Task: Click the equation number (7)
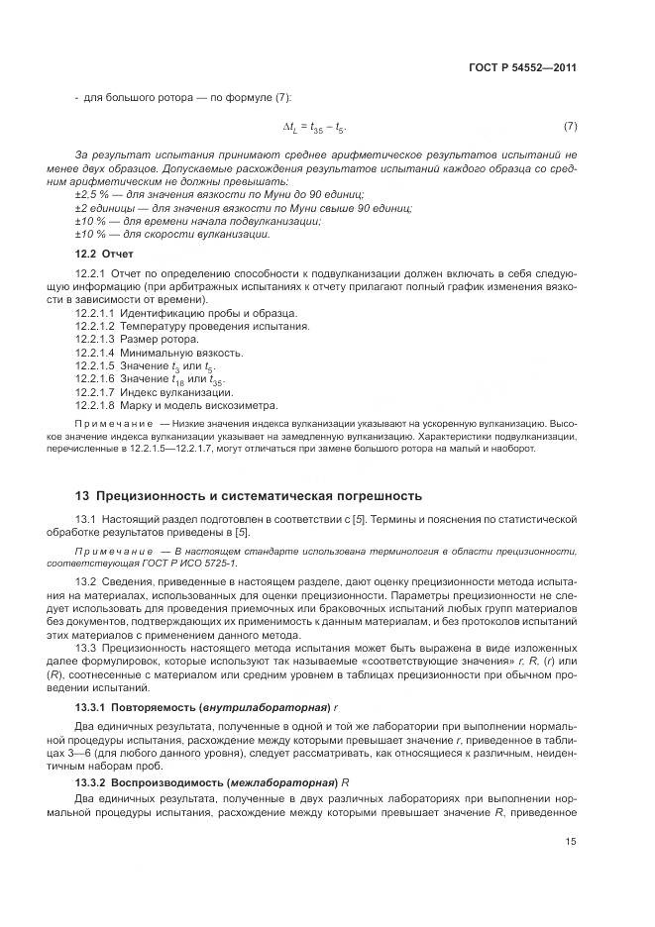(570, 127)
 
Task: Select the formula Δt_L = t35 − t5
(314, 128)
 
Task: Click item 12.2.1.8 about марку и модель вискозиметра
(198, 404)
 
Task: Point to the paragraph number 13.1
(84, 519)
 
